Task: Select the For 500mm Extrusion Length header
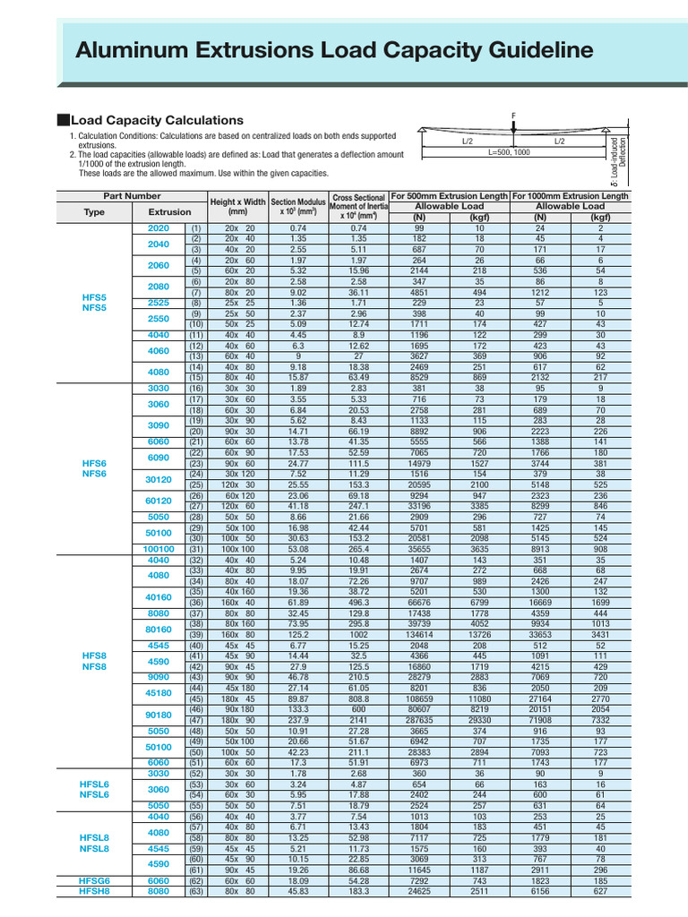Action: pos(449,195)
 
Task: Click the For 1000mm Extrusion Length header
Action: pos(570,195)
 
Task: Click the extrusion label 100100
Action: pos(158,549)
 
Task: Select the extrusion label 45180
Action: pos(158,691)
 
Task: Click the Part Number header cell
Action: pos(132,195)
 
